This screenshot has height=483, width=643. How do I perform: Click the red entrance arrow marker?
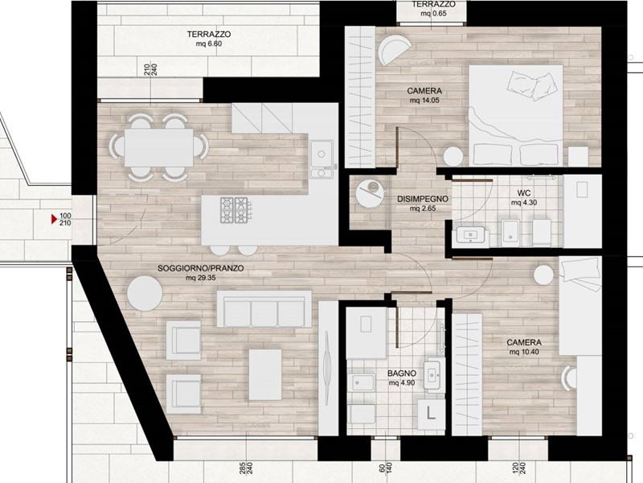[54, 219]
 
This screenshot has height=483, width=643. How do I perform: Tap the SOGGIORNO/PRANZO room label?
[201, 268]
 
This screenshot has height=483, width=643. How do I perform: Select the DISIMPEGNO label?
[423, 199]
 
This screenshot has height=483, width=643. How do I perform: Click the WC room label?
[524, 193]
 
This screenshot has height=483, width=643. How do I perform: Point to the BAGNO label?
[402, 374]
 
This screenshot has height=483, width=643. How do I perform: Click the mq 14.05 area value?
[424, 100]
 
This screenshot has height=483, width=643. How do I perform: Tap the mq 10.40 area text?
[524, 352]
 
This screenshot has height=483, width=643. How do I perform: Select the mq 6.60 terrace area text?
[209, 43]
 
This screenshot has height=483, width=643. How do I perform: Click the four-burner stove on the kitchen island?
[235, 210]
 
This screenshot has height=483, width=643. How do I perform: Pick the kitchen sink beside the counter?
[322, 159]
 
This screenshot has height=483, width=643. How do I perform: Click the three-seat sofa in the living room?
[264, 309]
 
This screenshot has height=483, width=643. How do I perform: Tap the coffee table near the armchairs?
[265, 374]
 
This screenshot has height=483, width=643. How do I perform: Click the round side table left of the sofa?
[145, 293]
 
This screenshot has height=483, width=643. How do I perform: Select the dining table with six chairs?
[158, 147]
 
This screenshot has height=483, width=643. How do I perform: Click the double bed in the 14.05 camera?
[515, 115]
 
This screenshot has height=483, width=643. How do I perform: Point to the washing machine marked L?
[431, 413]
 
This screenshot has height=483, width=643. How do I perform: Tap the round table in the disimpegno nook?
[370, 195]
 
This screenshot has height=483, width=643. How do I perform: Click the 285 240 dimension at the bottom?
[245, 468]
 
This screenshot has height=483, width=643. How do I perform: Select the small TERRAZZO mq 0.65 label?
[433, 9]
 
